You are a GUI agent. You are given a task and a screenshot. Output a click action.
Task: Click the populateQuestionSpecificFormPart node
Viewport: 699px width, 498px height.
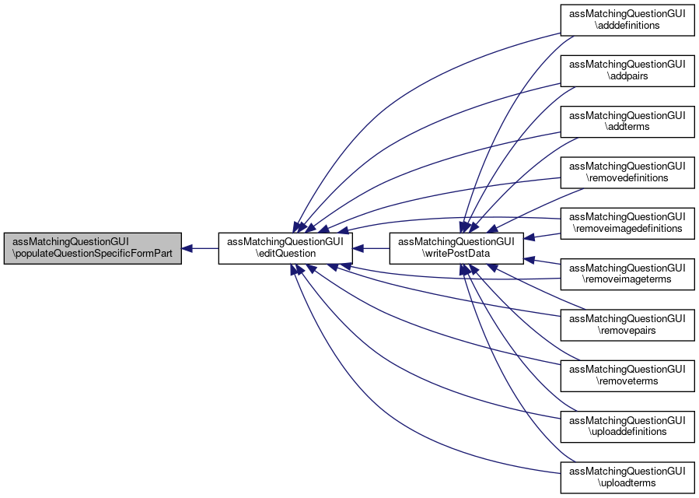[92, 248]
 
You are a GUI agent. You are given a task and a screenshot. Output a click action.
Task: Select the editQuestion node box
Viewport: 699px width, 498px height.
[285, 248]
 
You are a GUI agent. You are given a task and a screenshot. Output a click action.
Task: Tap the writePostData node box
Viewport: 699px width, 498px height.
[456, 248]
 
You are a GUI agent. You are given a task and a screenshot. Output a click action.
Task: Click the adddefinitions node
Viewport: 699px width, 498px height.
[627, 19]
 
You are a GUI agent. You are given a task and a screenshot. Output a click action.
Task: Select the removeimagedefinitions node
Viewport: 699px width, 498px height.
[627, 223]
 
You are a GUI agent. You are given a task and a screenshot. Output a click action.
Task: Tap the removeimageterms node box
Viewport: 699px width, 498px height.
[627, 273]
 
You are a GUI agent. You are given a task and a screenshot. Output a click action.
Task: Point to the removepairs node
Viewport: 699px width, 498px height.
[627, 324]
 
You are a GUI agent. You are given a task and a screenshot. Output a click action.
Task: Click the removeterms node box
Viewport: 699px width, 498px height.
[627, 375]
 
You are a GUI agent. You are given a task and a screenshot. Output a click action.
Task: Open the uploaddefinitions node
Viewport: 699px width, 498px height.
[627, 426]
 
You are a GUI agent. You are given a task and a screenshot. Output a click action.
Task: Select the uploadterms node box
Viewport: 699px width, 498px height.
[627, 477]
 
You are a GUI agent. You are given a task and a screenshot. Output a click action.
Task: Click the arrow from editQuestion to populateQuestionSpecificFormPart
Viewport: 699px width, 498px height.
[200, 248]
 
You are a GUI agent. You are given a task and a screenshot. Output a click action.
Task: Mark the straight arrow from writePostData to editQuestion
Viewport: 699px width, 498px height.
[371, 248]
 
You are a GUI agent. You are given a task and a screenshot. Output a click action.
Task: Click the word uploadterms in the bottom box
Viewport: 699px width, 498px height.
[627, 483]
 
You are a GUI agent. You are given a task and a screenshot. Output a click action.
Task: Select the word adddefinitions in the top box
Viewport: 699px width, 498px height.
[627, 25]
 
